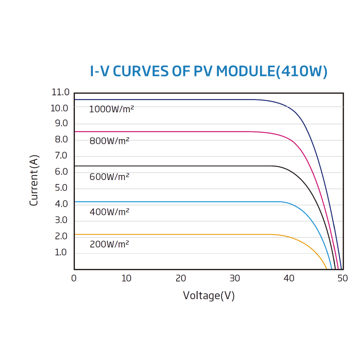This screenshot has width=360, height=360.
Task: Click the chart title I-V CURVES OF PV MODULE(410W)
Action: coord(208,72)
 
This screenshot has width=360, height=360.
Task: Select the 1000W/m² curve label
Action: coord(111,109)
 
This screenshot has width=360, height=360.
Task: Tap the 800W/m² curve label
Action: coord(109,141)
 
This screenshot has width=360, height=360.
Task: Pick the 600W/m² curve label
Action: coord(109,177)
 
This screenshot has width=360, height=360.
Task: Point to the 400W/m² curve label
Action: coord(109,212)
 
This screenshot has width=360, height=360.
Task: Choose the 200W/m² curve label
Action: coord(109,244)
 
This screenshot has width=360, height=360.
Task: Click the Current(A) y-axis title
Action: coord(34,180)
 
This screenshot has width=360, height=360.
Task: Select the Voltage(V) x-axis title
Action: coord(209,296)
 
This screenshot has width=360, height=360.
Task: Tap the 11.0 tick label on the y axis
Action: coord(60,92)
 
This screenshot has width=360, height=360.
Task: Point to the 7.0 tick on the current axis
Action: coord(61,156)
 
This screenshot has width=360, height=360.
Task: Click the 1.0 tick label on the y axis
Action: coord(61,252)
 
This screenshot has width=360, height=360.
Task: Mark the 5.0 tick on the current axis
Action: coord(61,188)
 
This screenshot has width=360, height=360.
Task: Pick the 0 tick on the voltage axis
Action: coord(74,278)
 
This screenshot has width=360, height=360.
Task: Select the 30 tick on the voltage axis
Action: coord(235,278)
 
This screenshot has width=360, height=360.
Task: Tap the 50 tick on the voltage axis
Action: coord(342,278)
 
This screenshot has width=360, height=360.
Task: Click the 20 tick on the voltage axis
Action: coord(181,278)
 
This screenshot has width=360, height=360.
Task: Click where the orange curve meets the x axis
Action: coord(327,269)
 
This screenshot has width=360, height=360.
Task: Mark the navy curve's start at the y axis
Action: coord(75,99)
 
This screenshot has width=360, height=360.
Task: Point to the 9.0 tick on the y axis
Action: coord(61,123)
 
